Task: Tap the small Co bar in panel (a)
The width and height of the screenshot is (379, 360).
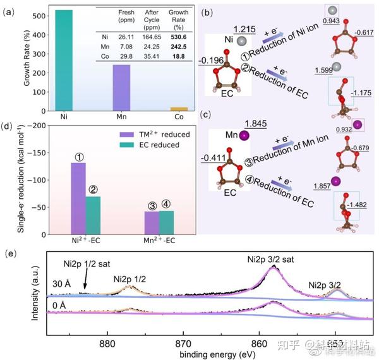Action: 179,109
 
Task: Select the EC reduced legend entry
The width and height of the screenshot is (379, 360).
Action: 155,146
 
